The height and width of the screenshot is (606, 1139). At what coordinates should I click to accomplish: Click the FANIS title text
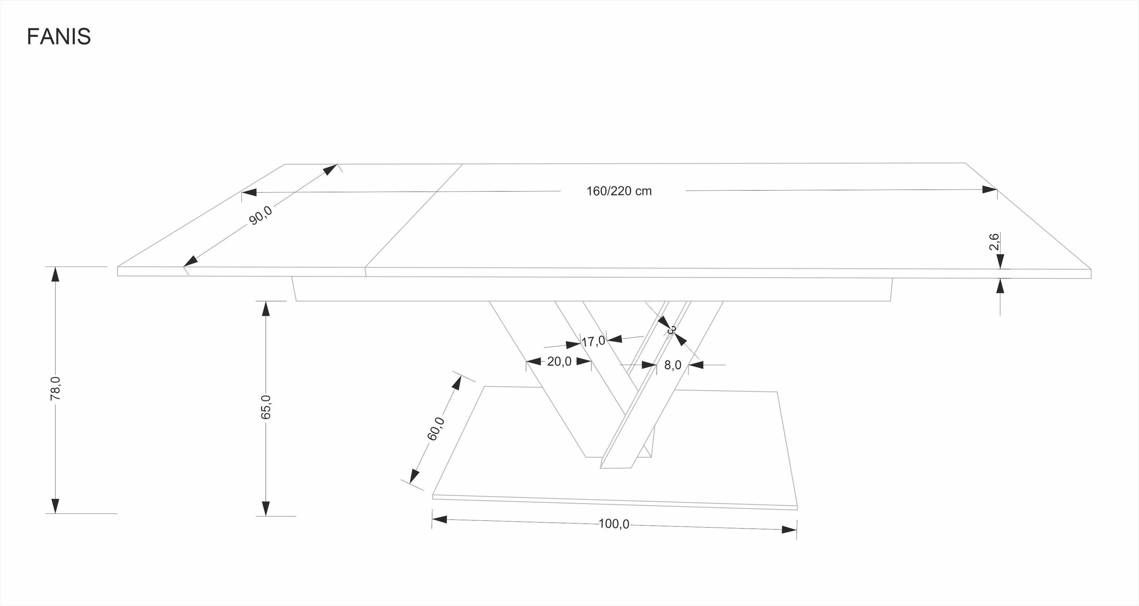[x=59, y=37]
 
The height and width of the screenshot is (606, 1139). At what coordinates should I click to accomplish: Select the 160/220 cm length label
[x=619, y=191]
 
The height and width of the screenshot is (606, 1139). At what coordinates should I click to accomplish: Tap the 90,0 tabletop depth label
[x=261, y=215]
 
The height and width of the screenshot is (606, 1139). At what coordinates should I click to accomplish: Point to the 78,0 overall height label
[x=55, y=389]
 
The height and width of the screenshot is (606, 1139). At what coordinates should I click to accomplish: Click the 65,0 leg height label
[x=266, y=407]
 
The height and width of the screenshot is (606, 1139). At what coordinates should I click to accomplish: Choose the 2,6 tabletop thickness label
[x=994, y=242]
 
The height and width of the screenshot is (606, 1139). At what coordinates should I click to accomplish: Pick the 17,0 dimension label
[x=593, y=341]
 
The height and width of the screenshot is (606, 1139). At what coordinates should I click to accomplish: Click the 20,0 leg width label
[x=559, y=361]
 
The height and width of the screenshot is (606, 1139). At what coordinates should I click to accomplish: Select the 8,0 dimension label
[x=672, y=365]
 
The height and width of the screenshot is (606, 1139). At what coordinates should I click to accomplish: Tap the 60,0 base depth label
[x=436, y=428]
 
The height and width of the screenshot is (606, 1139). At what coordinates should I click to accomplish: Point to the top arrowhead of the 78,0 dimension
[x=55, y=274]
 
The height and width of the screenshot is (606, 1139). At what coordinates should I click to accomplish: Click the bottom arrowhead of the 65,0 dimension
[x=266, y=508]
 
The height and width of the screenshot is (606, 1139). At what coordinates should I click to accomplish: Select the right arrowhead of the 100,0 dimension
[x=789, y=529]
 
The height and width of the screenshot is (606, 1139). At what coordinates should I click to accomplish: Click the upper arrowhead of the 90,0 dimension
[x=330, y=169]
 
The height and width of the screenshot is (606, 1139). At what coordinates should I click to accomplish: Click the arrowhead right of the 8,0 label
[x=696, y=365]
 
